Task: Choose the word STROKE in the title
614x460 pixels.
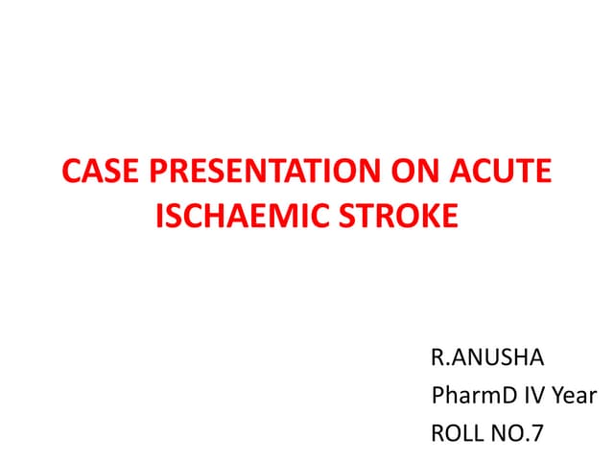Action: (x=394, y=217)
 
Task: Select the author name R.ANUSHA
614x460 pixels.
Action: (x=487, y=359)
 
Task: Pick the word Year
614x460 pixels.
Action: (x=574, y=395)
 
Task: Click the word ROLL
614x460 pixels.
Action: (x=459, y=432)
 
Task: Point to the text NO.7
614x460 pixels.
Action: (x=517, y=432)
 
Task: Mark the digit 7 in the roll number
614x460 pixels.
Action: (x=537, y=432)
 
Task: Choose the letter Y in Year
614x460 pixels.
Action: (x=555, y=395)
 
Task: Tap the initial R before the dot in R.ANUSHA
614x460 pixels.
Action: (x=438, y=359)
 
